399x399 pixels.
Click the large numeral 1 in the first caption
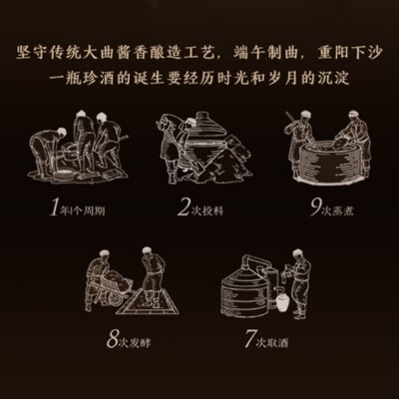pos(54,208)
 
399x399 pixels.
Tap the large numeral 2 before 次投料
pos(185,208)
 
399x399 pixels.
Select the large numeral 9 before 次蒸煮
pos(315,208)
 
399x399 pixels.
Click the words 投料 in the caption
pos(212,211)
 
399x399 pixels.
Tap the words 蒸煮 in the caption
pos(343,211)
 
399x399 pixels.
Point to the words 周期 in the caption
pos(94,211)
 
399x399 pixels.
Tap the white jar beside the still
pos(281,300)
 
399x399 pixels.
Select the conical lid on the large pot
pos(203,126)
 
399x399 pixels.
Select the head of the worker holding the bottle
pos(298,255)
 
